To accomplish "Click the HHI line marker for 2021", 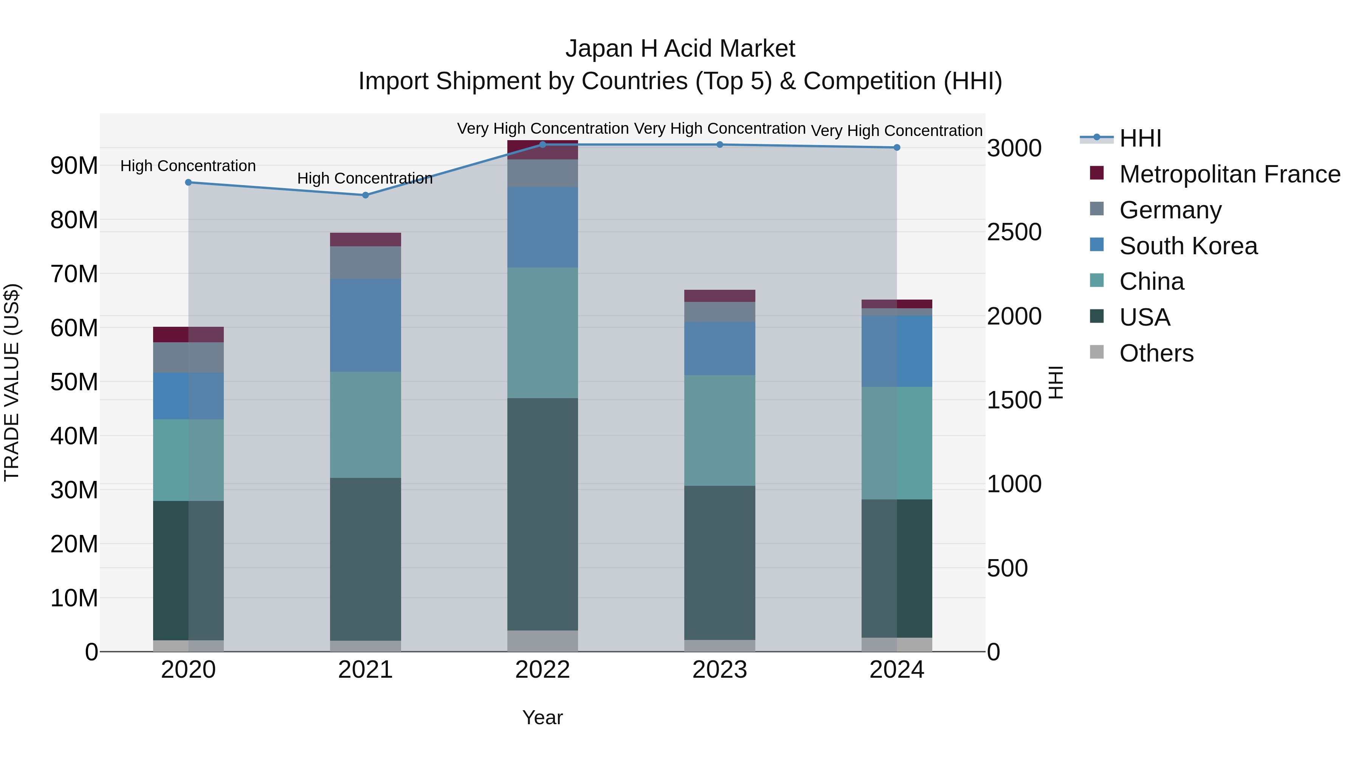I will coord(365,195).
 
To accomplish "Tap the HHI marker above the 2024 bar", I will coord(897,147).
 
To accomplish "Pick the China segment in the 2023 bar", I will coord(719,430).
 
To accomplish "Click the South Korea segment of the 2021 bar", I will coord(365,325).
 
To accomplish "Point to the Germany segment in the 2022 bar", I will coord(543,173).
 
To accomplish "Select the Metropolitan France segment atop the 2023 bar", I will coord(719,296).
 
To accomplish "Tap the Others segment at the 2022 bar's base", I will coord(543,641).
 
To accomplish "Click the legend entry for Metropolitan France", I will coord(1229,174).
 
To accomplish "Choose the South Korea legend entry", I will coord(1188,246).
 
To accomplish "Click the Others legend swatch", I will coord(1097,352).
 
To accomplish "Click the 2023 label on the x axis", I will coord(719,670).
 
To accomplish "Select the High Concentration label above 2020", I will coord(188,166).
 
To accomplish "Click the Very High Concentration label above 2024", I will coord(897,130).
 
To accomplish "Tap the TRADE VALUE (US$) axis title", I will coord(12,382).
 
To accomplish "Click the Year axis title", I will coord(543,717).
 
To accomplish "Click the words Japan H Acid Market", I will coord(680,49).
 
